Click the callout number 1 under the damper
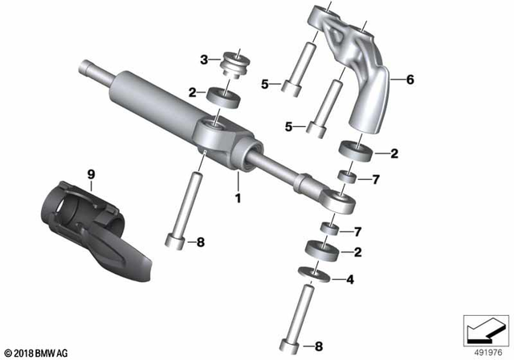point(238,195)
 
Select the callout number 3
point(204,59)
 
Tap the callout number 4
point(349,280)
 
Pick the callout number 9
point(91,174)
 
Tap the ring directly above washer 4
point(320,252)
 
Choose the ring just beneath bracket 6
point(354,152)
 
